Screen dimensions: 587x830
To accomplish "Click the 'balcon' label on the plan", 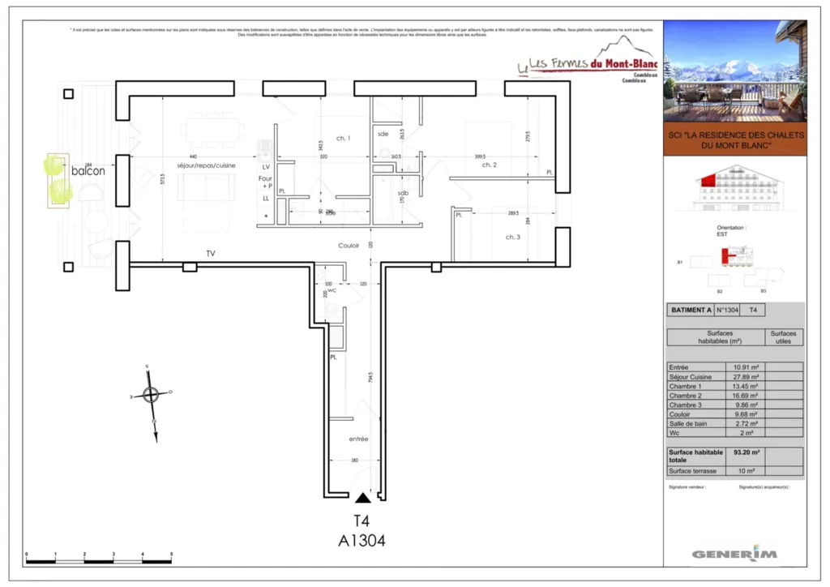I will click(88, 171).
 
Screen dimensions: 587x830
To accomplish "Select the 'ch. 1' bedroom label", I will click(344, 139).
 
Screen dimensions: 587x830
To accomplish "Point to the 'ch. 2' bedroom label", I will click(489, 165).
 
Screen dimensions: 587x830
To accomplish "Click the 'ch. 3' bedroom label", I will click(512, 237).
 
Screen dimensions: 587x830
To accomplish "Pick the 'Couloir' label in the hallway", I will click(349, 245).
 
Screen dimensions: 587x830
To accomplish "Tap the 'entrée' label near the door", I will click(358, 439).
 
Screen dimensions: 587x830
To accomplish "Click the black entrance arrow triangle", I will click(362, 497).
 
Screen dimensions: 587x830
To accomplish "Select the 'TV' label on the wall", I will click(211, 254).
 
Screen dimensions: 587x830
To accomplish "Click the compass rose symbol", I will click(151, 395).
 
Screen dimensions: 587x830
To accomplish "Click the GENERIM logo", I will click(734, 554).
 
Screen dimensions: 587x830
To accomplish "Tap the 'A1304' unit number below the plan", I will click(362, 540).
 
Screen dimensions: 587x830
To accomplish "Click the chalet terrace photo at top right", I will click(735, 71).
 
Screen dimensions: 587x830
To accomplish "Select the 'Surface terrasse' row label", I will click(693, 471).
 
